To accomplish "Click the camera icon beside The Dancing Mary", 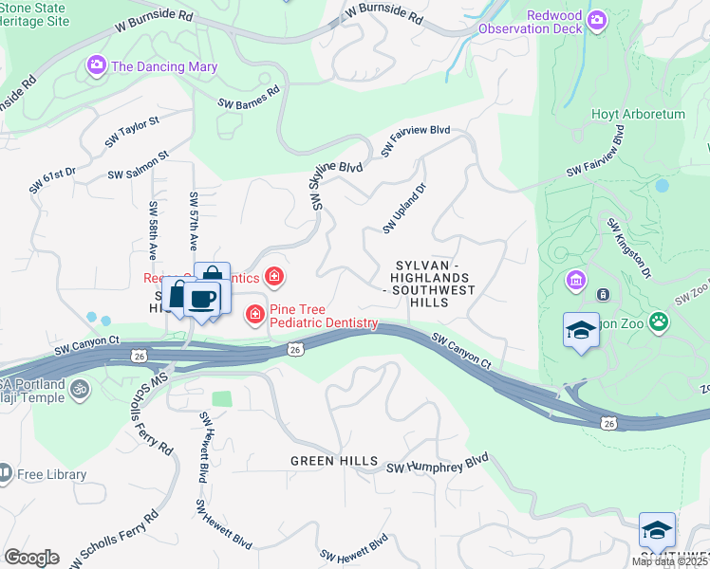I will [96, 66].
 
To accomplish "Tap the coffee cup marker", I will [201, 301].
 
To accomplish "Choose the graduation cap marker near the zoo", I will [581, 331].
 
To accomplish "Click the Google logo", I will [30, 558].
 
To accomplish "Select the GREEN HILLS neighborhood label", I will [334, 461].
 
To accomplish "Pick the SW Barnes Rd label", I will [248, 98].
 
